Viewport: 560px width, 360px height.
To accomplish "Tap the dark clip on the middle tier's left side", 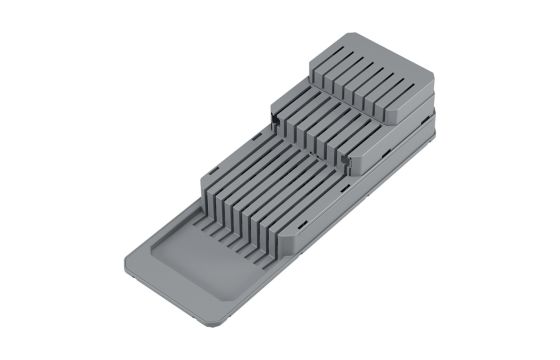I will click(271, 122).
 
